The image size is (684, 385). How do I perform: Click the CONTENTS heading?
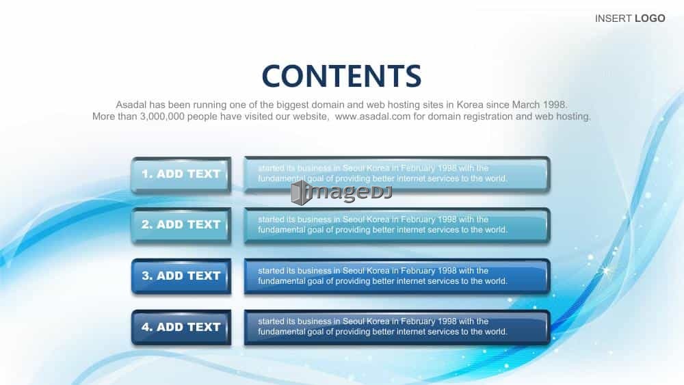[x=341, y=76]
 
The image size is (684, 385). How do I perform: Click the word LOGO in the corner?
[x=650, y=18]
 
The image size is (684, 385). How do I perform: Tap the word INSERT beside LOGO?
[x=614, y=18]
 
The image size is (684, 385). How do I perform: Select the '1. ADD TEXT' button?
[x=181, y=174]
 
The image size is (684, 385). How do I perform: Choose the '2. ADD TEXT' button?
[x=181, y=225]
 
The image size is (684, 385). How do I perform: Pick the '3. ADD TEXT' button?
[x=181, y=276]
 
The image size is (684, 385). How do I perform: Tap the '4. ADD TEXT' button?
[x=181, y=328]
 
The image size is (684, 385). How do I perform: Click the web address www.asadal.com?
[x=373, y=116]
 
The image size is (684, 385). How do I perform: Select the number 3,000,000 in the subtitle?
[x=162, y=116]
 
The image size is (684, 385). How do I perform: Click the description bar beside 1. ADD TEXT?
[x=397, y=174]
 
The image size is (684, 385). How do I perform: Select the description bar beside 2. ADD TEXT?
[x=397, y=225]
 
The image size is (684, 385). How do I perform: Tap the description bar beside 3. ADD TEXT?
[x=397, y=276]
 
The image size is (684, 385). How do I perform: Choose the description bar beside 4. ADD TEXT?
[x=397, y=328]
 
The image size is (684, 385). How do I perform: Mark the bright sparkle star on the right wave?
[x=606, y=271]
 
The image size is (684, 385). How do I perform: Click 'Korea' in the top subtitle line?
[x=470, y=105]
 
